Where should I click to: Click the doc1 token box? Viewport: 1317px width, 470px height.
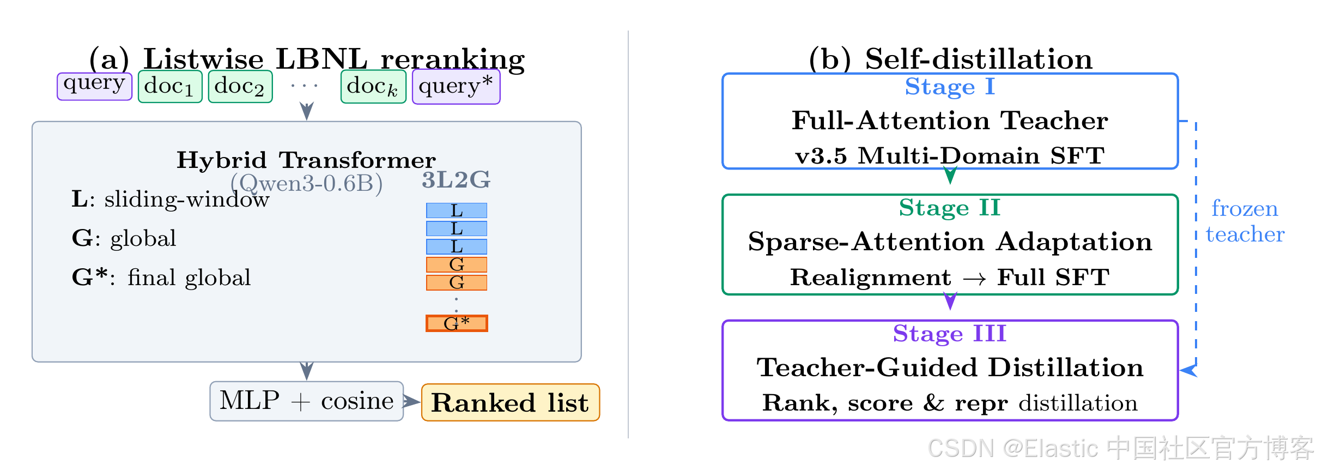pos(170,86)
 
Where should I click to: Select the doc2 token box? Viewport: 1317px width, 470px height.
pos(240,86)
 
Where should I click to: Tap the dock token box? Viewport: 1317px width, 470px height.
pos(373,86)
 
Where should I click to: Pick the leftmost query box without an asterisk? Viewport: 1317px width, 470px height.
pos(95,86)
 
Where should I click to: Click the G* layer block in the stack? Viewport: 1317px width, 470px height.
pos(457,323)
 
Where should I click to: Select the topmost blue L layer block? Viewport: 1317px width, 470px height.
pos(457,210)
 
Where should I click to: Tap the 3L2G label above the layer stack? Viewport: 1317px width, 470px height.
pos(456,180)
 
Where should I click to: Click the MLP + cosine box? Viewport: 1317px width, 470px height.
pos(307,401)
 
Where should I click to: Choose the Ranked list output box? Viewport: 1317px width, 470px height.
pos(511,403)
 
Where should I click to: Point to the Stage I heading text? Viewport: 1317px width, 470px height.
pos(950,87)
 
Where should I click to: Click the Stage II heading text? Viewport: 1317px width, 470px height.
pos(950,208)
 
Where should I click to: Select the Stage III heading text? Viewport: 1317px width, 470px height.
pos(950,334)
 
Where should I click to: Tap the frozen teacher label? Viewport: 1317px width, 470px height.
pos(1245,221)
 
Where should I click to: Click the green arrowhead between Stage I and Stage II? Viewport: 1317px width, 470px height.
pos(950,176)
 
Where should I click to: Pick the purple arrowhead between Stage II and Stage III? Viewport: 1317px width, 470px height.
pos(950,300)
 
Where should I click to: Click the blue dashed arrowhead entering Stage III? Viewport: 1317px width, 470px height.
pos(1188,370)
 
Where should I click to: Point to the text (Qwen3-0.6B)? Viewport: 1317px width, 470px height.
pos(307,184)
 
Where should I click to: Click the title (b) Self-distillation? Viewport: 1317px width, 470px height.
pos(951,59)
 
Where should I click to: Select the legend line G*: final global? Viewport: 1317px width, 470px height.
pos(161,278)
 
